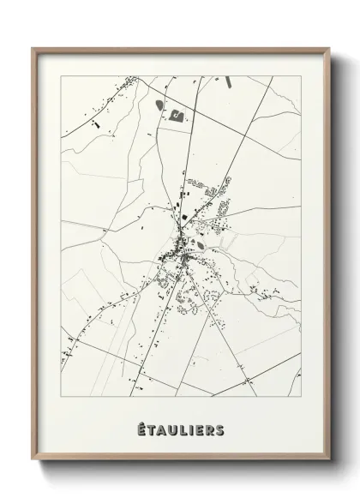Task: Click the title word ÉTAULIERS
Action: (180, 428)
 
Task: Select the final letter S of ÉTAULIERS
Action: (221, 428)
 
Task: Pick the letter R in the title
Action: (210, 428)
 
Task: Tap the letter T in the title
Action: (148, 428)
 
